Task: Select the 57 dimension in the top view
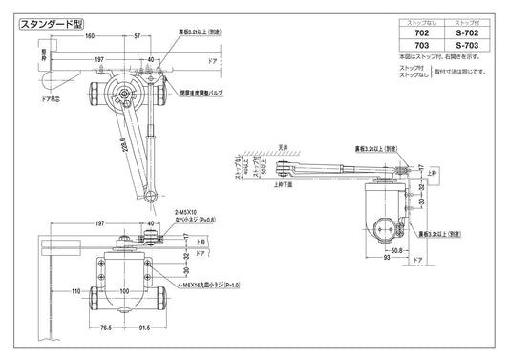(x=137, y=35)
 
